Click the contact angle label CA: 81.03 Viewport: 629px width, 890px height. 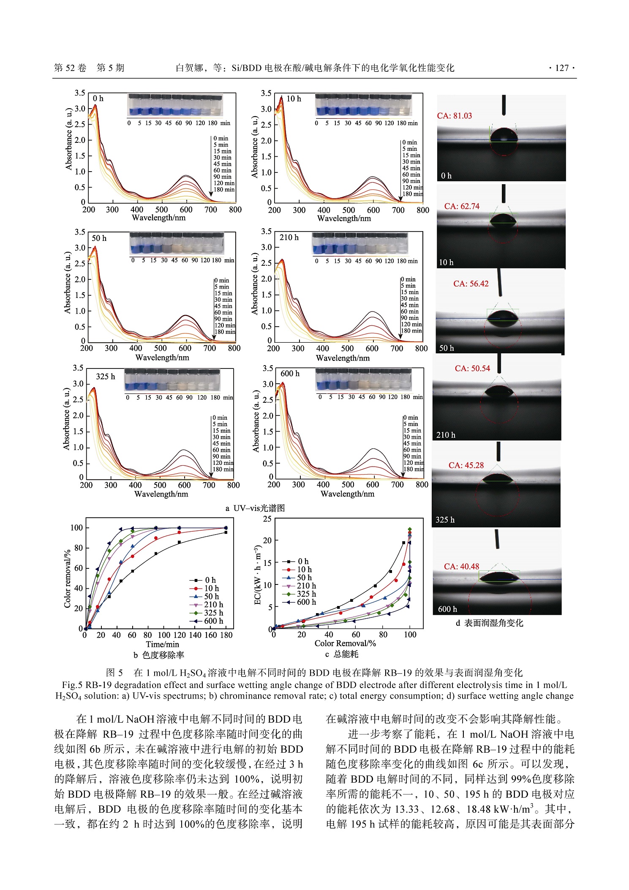pyautogui.click(x=454, y=116)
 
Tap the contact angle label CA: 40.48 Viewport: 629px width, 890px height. pyautogui.click(x=461, y=566)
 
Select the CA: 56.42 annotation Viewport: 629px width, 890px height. pyautogui.click(x=471, y=284)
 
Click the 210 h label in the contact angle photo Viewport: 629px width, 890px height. pyautogui.click(x=446, y=435)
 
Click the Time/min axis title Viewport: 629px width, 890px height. pyautogui.click(x=162, y=644)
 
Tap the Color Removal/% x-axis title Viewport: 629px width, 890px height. pyautogui.click(x=345, y=643)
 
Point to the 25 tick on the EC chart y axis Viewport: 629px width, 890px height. pyautogui.click(x=267, y=519)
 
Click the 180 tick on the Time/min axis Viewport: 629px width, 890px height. pyautogui.click(x=226, y=635)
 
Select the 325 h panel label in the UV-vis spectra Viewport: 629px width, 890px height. pyautogui.click(x=105, y=377)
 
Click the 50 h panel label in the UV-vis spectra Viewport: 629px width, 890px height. pyautogui.click(x=99, y=238)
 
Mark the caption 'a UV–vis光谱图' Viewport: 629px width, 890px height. pyautogui.click(x=255, y=508)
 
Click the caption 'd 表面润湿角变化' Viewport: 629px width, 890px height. pyautogui.click(x=489, y=623)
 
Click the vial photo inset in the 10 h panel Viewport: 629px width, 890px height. pyautogui.click(x=363, y=105)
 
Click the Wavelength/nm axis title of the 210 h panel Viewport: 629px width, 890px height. pyautogui.click(x=343, y=358)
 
